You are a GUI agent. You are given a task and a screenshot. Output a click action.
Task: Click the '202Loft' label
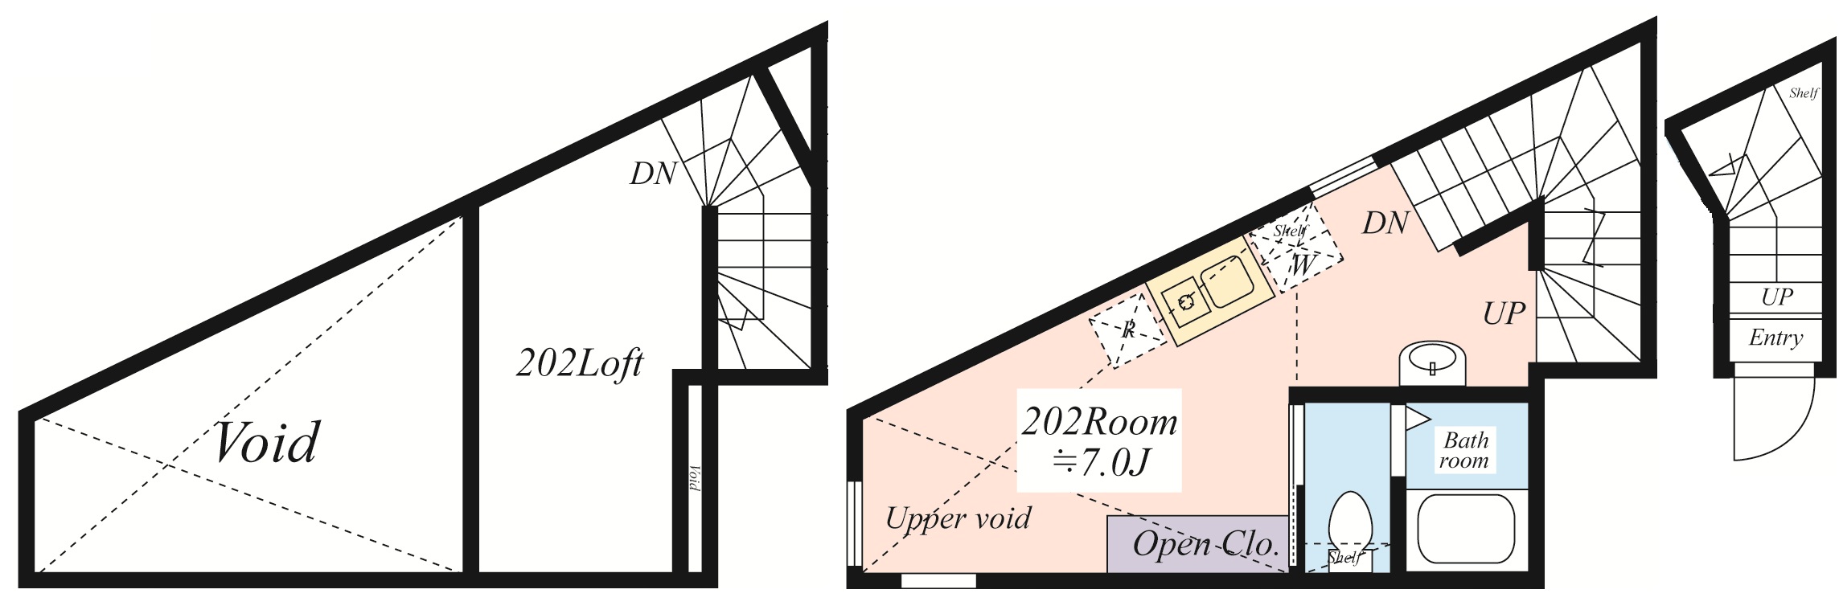pyautogui.click(x=579, y=364)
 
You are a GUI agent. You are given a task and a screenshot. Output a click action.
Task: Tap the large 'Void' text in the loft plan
pyautogui.click(x=268, y=443)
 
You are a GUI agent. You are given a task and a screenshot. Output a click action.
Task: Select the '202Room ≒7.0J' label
pyautogui.click(x=1098, y=440)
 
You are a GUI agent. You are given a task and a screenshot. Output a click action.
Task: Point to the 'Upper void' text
pyautogui.click(x=958, y=518)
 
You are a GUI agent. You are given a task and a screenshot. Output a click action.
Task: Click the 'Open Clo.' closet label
pyautogui.click(x=1205, y=545)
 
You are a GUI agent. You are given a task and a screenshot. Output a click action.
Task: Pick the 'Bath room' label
pyautogui.click(x=1464, y=450)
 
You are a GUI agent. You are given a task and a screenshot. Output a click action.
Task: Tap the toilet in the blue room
pyautogui.click(x=1348, y=522)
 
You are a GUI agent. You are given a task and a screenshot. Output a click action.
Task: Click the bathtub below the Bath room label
pyautogui.click(x=1465, y=529)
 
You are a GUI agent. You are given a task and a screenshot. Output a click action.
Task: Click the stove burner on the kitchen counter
pyautogui.click(x=1186, y=302)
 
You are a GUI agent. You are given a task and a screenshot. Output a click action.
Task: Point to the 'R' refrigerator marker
pyautogui.click(x=1127, y=329)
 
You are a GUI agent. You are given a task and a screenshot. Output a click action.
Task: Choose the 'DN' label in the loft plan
pyautogui.click(x=652, y=173)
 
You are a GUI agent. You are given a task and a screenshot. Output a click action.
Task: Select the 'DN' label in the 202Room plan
pyautogui.click(x=1385, y=223)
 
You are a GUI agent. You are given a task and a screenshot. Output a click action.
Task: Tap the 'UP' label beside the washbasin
pyautogui.click(x=1504, y=313)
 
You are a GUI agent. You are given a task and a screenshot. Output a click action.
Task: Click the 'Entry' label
pyautogui.click(x=1775, y=338)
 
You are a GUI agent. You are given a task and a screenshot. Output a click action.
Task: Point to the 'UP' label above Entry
pyautogui.click(x=1776, y=297)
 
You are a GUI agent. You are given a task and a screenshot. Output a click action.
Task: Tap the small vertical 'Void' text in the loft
pyautogui.click(x=695, y=478)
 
